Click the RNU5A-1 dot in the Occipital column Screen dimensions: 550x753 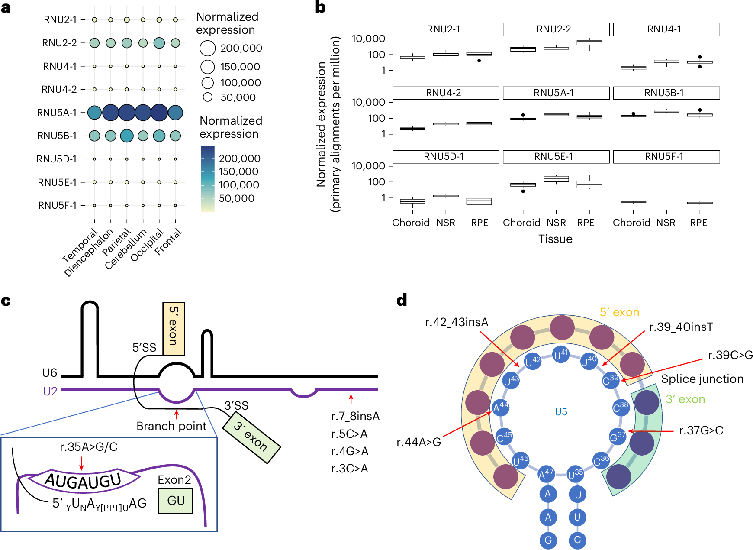coord(159,113)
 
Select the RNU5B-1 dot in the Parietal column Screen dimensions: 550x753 coord(127,136)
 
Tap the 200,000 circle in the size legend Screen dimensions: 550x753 coord(208,48)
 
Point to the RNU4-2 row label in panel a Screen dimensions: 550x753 coord(59,89)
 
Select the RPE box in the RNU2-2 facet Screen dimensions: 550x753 coord(589,42)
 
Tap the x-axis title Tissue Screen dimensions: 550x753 coord(555,239)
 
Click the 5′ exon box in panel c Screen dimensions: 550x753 coord(174,329)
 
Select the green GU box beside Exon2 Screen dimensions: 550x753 coord(175,501)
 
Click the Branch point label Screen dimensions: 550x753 coord(171,426)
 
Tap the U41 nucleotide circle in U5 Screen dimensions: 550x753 coord(561,355)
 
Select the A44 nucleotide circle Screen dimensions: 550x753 coord(501,407)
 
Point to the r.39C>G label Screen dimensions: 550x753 coord(730,355)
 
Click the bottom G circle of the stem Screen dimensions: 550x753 coord(548,540)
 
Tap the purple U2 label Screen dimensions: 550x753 coord(50,391)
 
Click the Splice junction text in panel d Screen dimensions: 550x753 coord(702,379)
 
